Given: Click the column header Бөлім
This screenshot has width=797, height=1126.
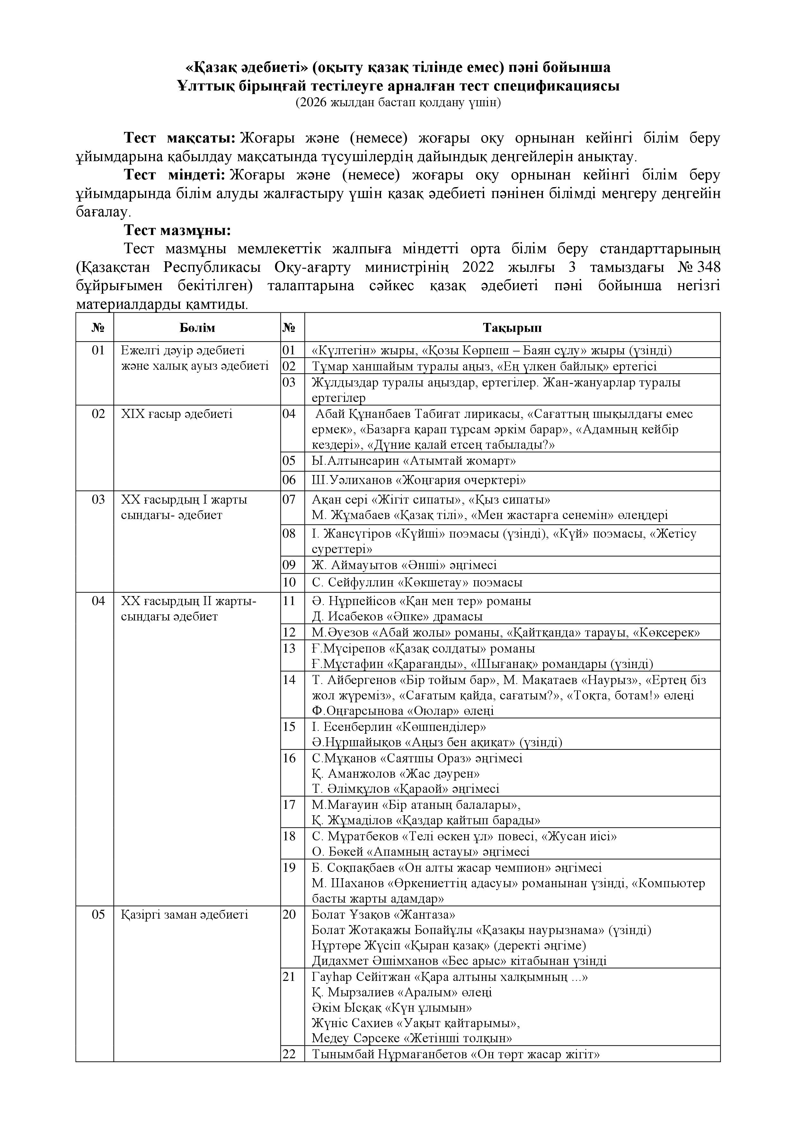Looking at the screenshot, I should pos(197,328).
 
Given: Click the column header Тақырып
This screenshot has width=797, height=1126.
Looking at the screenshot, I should pos(512,328).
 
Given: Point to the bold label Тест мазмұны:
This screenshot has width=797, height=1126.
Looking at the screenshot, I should pos(177,230).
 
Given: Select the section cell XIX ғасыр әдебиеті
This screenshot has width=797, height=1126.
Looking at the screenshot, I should pos(177,414).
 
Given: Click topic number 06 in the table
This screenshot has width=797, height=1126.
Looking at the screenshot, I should pos(289,480).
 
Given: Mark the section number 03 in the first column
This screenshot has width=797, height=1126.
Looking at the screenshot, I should pos(98,500).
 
